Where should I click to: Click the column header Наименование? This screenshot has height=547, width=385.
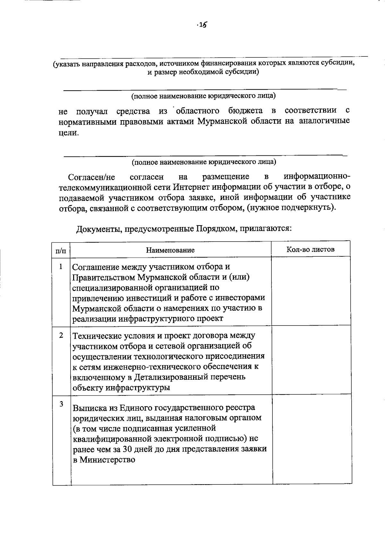[x=170, y=250]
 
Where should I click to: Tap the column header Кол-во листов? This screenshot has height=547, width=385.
[x=310, y=249]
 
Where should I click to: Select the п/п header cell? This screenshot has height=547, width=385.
[x=61, y=250]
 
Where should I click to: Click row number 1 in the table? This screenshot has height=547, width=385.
[x=61, y=267]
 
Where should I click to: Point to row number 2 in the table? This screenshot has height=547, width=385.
[x=61, y=335]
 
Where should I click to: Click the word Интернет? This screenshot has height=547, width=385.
[x=189, y=187]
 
